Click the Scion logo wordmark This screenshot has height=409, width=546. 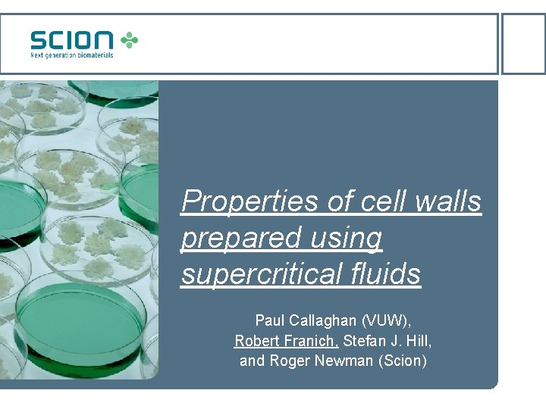click(x=72, y=40)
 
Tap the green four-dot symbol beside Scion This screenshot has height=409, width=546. click(x=130, y=39)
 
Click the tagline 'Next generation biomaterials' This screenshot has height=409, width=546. click(x=72, y=55)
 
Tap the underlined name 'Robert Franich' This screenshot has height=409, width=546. click(x=286, y=341)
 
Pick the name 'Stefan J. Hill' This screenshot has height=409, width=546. click(x=385, y=341)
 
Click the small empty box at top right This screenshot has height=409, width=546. click(x=523, y=43)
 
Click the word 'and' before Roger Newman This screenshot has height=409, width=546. click(x=251, y=361)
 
